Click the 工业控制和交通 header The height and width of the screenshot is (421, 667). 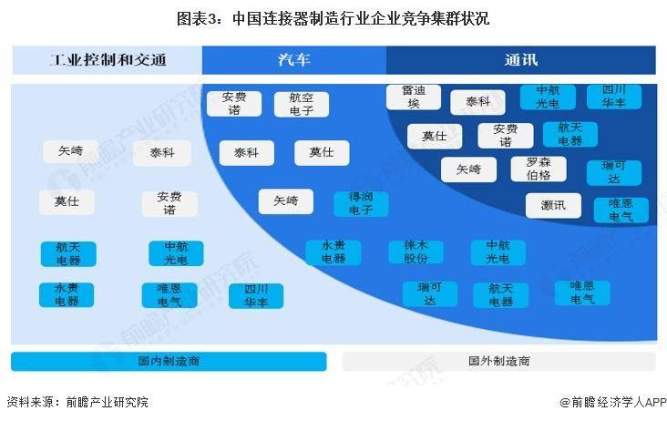pyautogui.click(x=108, y=60)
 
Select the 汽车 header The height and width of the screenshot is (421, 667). pyautogui.click(x=294, y=60)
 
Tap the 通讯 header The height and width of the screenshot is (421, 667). pyautogui.click(x=521, y=60)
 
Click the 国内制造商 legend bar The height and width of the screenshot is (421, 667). pyautogui.click(x=169, y=362)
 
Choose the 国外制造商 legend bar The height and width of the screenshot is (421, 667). pyautogui.click(x=499, y=362)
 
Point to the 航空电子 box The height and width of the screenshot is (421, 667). pyautogui.click(x=302, y=104)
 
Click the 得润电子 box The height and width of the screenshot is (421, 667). pyautogui.click(x=361, y=204)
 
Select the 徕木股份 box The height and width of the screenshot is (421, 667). pyautogui.click(x=416, y=252)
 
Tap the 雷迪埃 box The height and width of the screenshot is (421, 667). pyautogui.click(x=414, y=97)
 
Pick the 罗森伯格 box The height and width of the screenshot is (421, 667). pyautogui.click(x=539, y=169)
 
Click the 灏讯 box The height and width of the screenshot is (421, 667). pyautogui.click(x=553, y=206)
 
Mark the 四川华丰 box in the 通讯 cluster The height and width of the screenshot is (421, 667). pyautogui.click(x=614, y=97)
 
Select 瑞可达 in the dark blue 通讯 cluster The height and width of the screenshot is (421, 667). pyautogui.click(x=614, y=172)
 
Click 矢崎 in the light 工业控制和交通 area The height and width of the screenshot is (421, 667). pyautogui.click(x=70, y=151)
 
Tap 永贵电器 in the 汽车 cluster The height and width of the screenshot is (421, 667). pyautogui.click(x=333, y=252)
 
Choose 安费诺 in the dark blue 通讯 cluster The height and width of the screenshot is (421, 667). pyautogui.click(x=506, y=136)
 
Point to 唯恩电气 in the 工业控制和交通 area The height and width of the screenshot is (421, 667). pyautogui.click(x=169, y=295)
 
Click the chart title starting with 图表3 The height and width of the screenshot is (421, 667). pyautogui.click(x=333, y=19)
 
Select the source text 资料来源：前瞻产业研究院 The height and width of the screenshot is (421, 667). pyautogui.click(x=77, y=402)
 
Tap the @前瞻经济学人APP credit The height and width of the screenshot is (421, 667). pyautogui.click(x=613, y=402)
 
